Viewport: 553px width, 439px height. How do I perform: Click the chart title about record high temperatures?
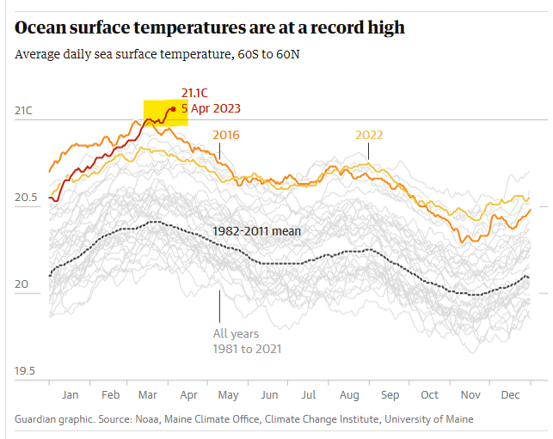(x=210, y=27)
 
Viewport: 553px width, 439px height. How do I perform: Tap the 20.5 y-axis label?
(x=28, y=198)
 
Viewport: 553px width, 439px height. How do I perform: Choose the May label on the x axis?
(x=228, y=394)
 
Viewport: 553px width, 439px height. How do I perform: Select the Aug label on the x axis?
(x=349, y=394)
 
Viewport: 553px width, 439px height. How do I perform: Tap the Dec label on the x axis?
(x=510, y=394)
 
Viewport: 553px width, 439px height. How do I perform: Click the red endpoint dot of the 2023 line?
(x=174, y=108)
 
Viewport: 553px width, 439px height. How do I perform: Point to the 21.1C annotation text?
(x=194, y=94)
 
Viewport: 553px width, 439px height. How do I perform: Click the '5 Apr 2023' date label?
(x=211, y=108)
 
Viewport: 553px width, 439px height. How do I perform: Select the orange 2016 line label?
(x=225, y=135)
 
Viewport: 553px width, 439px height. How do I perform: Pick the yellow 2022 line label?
(x=369, y=135)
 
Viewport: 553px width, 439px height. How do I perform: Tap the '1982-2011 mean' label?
(x=255, y=230)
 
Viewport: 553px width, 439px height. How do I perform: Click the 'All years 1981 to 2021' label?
(x=247, y=341)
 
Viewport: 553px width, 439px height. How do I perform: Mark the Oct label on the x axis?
(x=429, y=394)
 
